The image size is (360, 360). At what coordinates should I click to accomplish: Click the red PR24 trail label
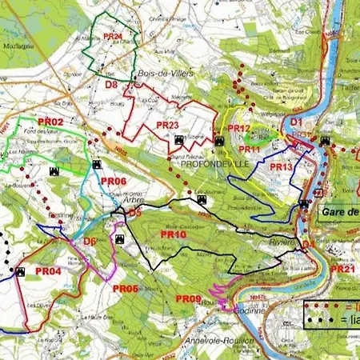click(114, 36)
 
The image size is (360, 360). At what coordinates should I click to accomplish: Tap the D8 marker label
click(112, 84)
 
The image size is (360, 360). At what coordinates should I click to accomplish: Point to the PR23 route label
click(167, 125)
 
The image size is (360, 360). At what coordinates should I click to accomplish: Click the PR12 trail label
click(239, 128)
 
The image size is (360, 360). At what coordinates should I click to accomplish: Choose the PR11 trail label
click(250, 149)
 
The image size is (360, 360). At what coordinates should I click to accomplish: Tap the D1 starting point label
click(296, 122)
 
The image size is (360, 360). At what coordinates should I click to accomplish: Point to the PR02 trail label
click(50, 121)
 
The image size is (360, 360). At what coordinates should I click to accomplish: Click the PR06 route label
click(114, 181)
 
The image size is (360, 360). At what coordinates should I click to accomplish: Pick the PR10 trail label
click(174, 234)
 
